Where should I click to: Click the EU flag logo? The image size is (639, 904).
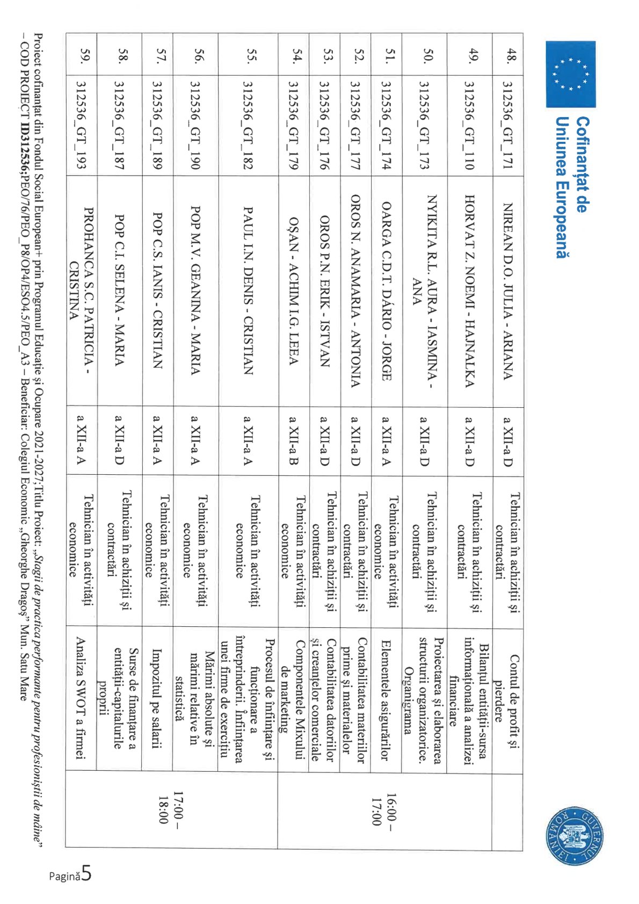pos(570,74)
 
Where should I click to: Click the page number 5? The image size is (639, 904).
pos(86,874)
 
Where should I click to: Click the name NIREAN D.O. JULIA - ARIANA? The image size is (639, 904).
pos(508,291)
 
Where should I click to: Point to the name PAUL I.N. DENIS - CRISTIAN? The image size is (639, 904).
pos(248,291)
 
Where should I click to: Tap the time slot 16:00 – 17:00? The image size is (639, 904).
pos(382,809)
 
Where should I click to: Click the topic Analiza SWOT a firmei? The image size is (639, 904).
pos(81,698)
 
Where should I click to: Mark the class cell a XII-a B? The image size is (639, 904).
pos(293,440)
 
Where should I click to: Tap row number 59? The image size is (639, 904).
pos(83,55)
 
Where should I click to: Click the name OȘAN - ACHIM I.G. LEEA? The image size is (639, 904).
pos(293,291)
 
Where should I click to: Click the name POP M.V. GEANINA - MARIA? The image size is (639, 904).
pos(195,291)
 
